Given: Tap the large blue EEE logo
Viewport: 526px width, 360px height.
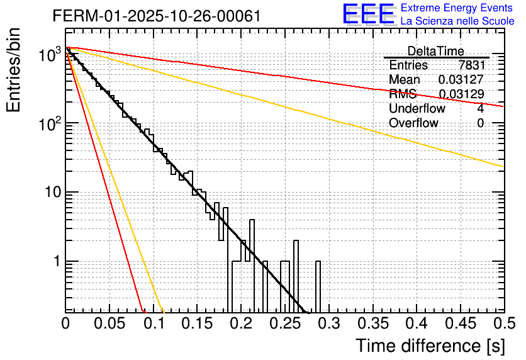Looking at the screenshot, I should pos(368,14).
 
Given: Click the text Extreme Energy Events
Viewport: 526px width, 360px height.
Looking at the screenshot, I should pos(457,8).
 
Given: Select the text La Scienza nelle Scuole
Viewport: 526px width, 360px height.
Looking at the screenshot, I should pos(457,21).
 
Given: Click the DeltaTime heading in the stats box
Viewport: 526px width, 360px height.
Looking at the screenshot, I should pos(435,51).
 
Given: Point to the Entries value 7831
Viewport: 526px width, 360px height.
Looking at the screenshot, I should pos(472,65).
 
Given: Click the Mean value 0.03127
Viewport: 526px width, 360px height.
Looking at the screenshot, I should pos(461,80).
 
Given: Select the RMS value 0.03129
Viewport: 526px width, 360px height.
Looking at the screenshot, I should pos(461,94).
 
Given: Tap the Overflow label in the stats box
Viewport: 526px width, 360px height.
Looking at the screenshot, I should pos(413,123).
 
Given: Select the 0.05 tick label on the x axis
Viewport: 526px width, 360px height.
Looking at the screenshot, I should pos(109,323).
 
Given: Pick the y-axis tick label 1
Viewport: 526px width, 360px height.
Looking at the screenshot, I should pos(56,261).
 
